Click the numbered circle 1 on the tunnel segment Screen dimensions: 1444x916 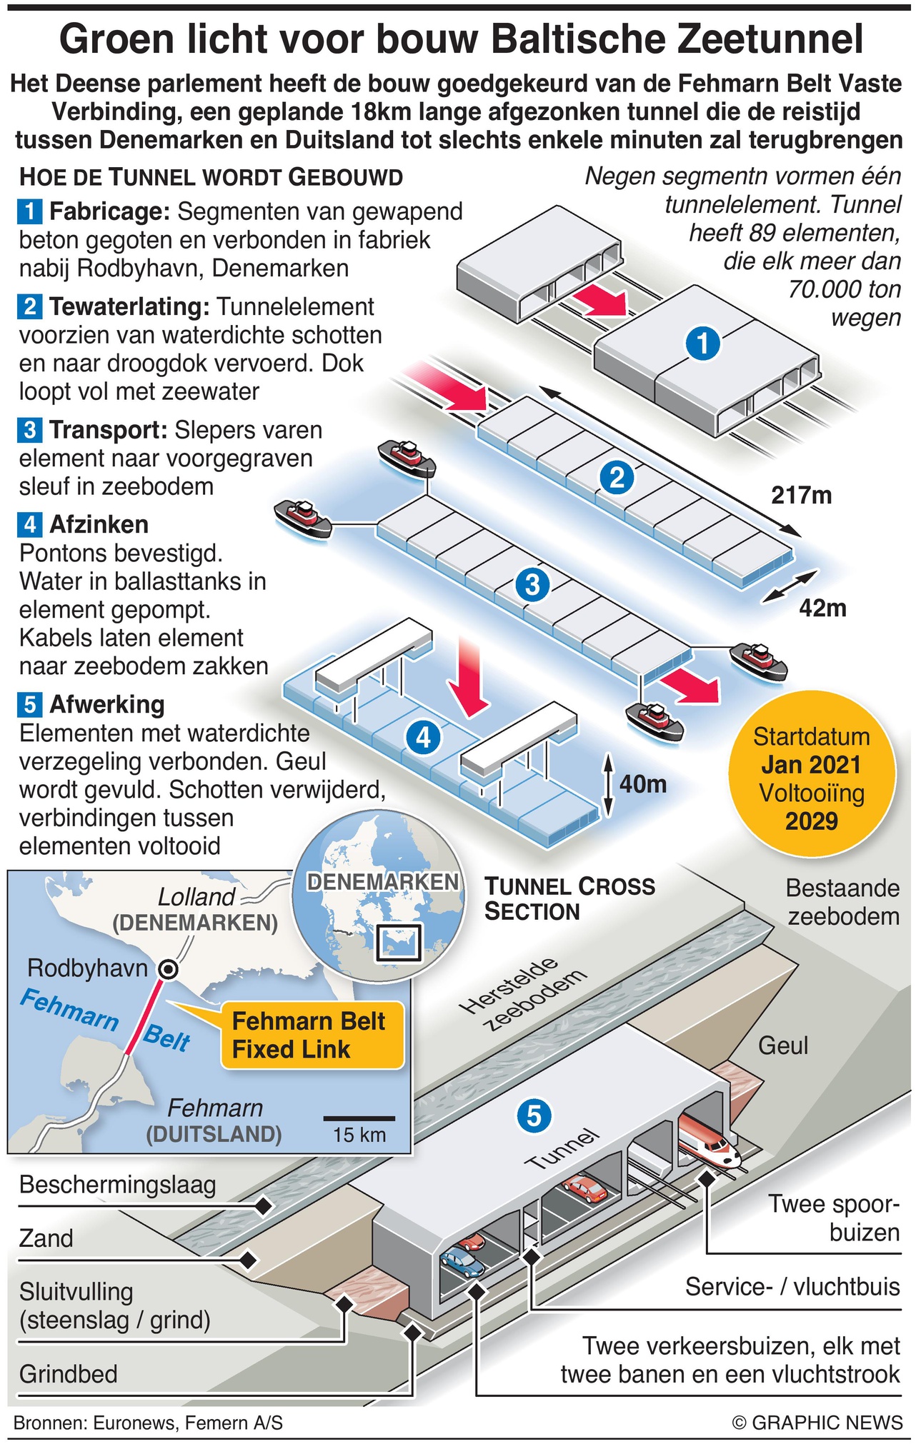click(x=703, y=344)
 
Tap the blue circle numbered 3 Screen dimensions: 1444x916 click(x=533, y=584)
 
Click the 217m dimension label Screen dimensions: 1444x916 click(x=801, y=495)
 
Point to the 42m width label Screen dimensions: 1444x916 click(x=822, y=608)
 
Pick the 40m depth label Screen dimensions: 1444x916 click(x=642, y=784)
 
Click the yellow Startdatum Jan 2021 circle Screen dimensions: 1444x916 click(x=811, y=778)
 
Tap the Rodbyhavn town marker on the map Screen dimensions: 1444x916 click(x=169, y=969)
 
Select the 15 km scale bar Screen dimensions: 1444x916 click(x=359, y=1118)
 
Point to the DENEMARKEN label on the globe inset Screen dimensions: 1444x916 click(x=383, y=882)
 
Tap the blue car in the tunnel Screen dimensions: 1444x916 click(x=462, y=1262)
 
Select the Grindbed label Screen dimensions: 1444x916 click(x=69, y=1374)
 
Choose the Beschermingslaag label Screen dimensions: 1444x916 click(x=118, y=1185)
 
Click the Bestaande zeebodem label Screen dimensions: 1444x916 click(x=842, y=902)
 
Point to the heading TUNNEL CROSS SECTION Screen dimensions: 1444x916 click(x=569, y=899)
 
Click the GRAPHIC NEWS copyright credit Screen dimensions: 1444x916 click(x=817, y=1423)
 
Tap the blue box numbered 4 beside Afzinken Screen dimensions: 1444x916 click(x=29, y=525)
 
